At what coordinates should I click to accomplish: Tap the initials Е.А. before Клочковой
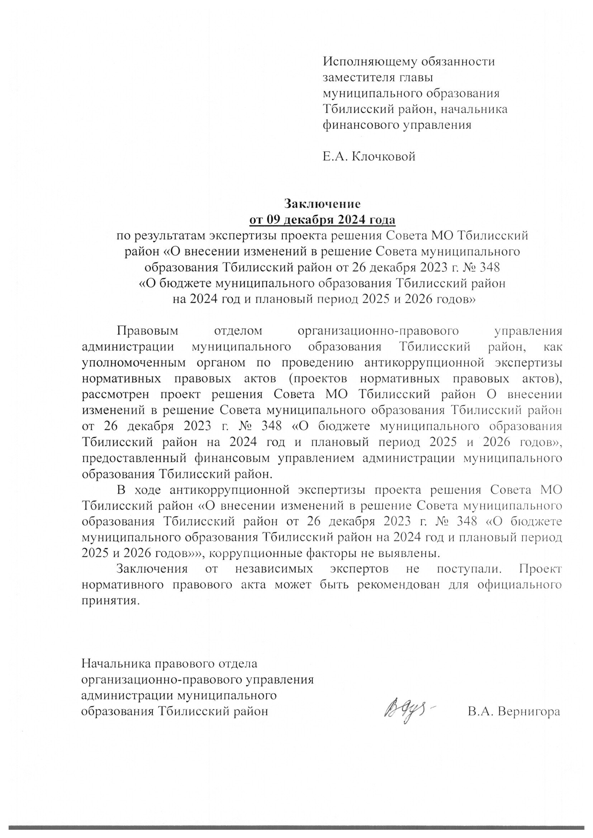[336, 157]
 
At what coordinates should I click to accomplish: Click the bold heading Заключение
[322, 204]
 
